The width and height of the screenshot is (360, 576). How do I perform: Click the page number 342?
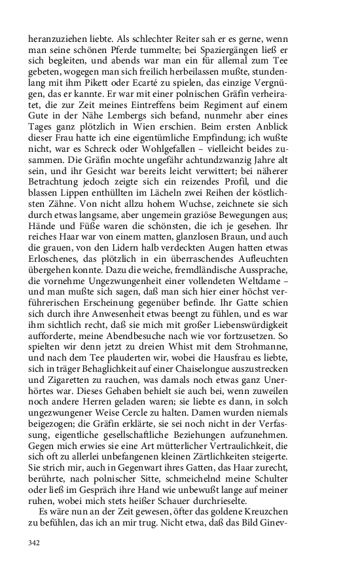pos(35,542)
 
